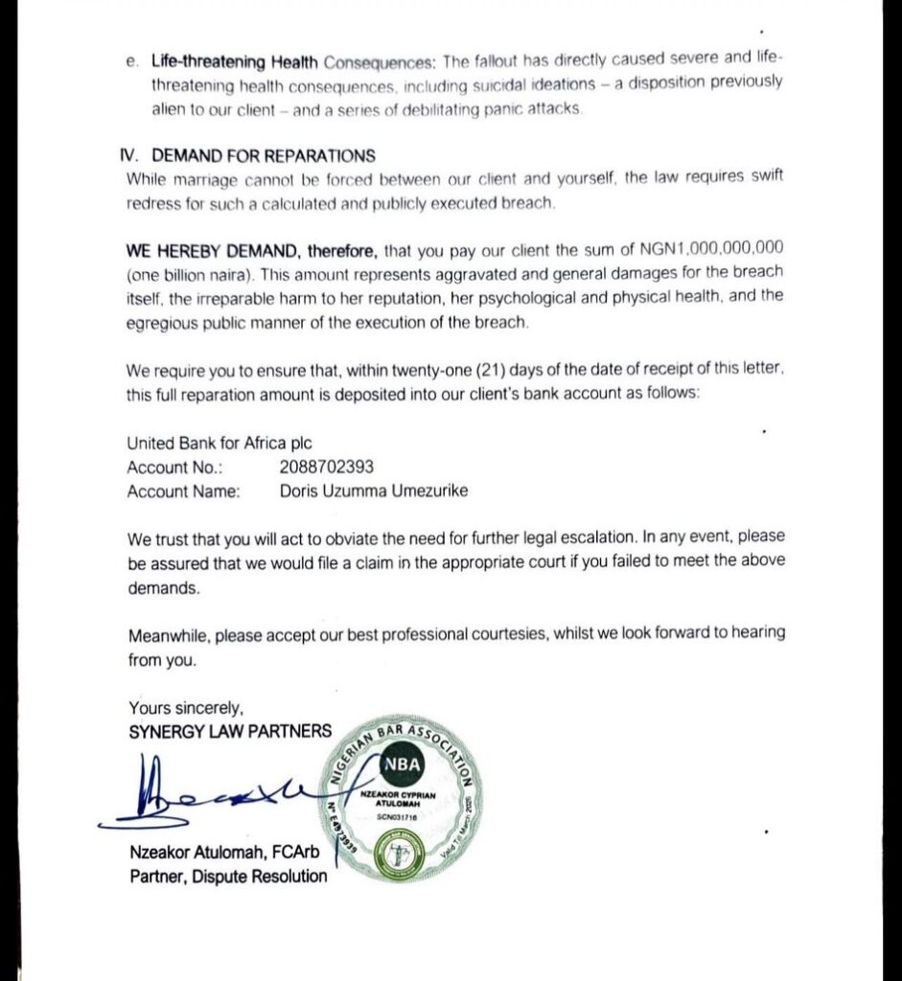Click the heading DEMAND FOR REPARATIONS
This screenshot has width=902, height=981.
tap(264, 156)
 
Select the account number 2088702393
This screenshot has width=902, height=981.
tap(327, 468)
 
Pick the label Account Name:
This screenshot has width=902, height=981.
tap(183, 491)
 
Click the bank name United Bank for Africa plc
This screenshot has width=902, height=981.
tap(220, 444)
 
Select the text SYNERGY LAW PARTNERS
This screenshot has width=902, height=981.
tap(230, 731)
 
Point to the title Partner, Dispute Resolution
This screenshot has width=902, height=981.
tap(228, 876)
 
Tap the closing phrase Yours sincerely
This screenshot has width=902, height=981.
tap(187, 709)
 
